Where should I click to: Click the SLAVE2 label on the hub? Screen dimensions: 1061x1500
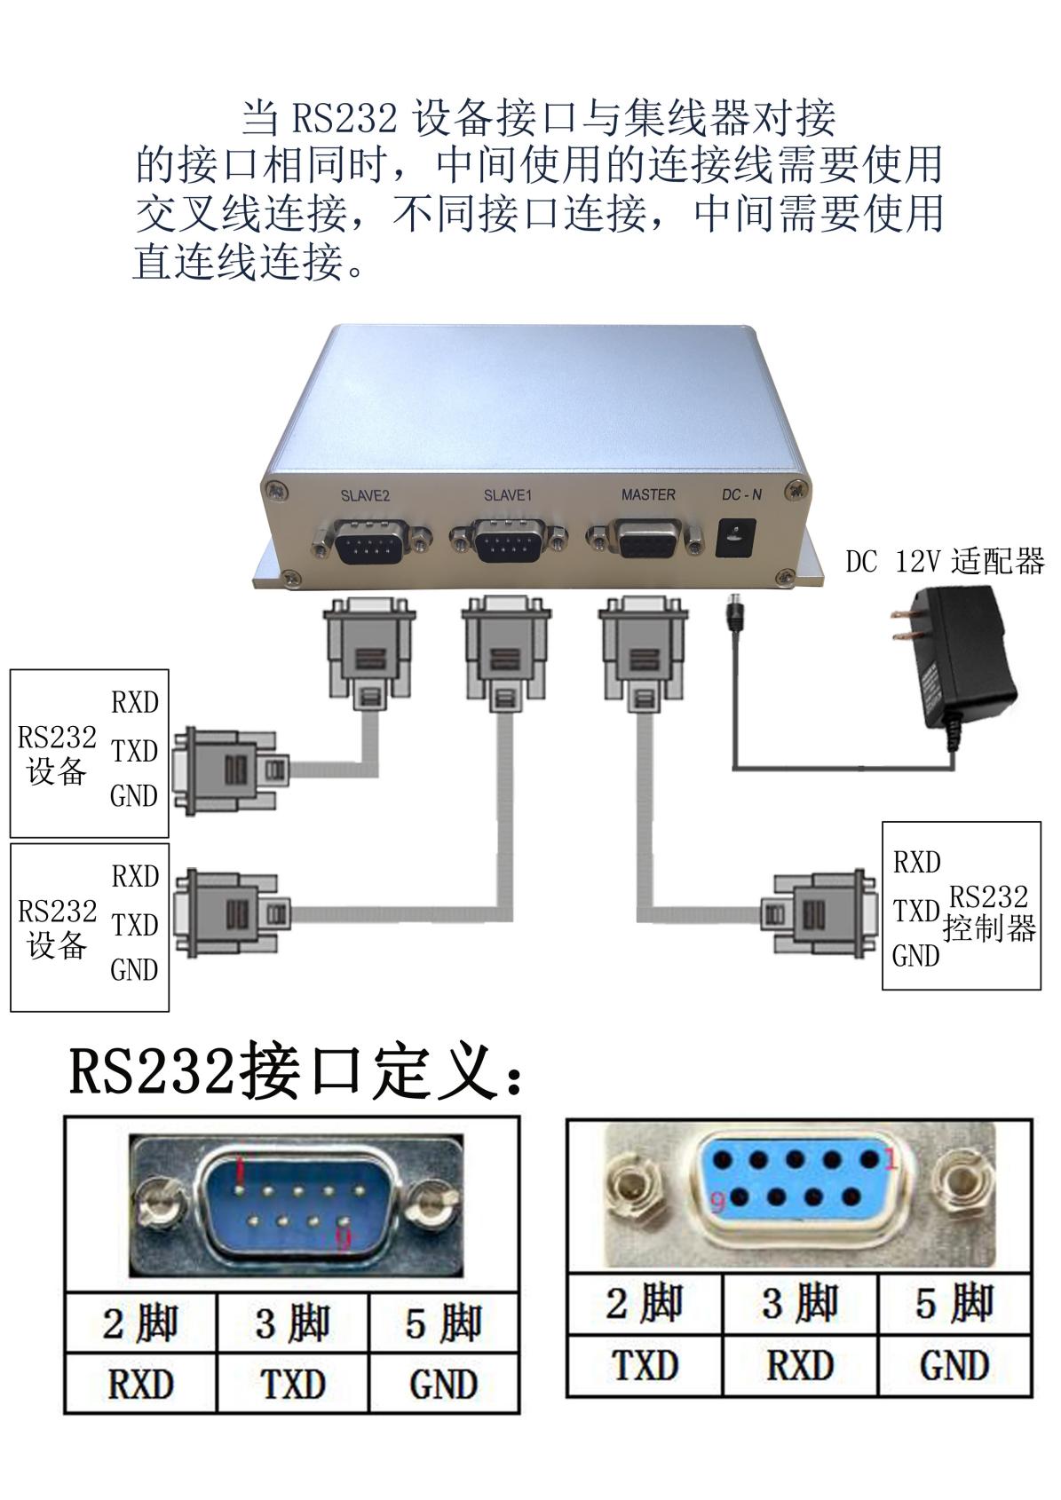coord(365,496)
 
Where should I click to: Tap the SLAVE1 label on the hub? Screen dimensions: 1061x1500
coord(508,495)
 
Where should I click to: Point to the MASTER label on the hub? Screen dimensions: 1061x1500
coord(648,495)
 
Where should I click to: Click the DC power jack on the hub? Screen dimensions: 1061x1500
coord(736,538)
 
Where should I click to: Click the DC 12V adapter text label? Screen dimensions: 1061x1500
coord(945,561)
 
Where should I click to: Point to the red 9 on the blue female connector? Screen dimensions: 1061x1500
coord(717,1204)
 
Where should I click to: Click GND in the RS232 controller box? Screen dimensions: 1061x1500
coord(915,956)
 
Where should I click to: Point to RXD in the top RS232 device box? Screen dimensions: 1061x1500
coord(135,702)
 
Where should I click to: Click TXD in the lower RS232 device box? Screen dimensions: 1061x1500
coord(135,925)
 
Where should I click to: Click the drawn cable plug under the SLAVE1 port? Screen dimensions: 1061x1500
coord(506,651)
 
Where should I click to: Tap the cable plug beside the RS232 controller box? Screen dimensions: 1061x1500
coord(819,914)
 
